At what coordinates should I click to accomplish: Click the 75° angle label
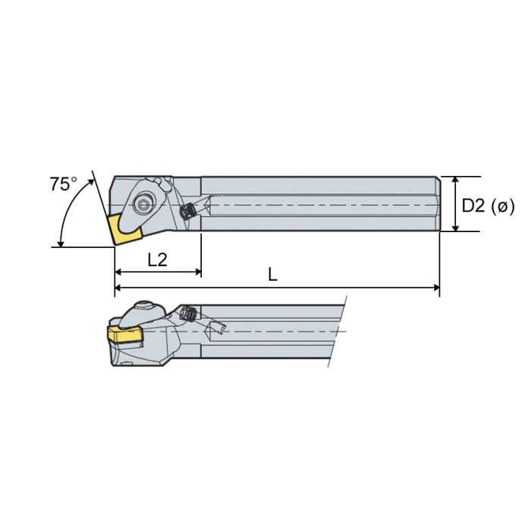(x=63, y=184)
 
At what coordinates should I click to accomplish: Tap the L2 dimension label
(x=157, y=260)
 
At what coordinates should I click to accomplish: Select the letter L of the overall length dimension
(x=272, y=275)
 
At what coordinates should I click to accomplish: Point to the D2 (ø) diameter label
(x=489, y=205)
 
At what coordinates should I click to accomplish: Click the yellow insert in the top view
(x=122, y=228)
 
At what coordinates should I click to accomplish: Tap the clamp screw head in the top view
(x=143, y=203)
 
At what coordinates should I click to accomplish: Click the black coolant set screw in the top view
(x=187, y=213)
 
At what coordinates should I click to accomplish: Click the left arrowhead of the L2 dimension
(x=118, y=271)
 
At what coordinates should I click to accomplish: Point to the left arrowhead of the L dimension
(x=118, y=287)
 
